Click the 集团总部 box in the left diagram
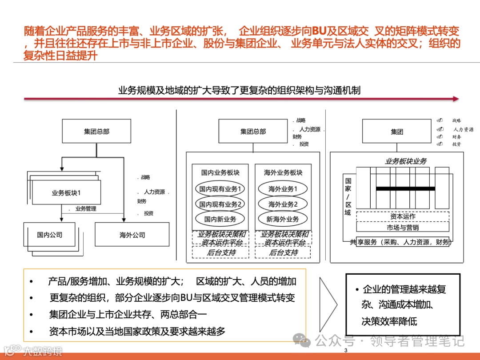pyautogui.click(x=96, y=132)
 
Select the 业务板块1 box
pyautogui.click(x=66, y=192)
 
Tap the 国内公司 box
pyautogui.click(x=49, y=235)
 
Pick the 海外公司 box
pyautogui.click(x=132, y=235)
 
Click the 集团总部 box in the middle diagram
pyautogui.click(x=253, y=132)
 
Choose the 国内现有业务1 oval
pyautogui.click(x=220, y=189)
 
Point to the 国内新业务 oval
pyautogui.click(x=220, y=219)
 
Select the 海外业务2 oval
pyautogui.click(x=283, y=204)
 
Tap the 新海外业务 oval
pyautogui.click(x=283, y=219)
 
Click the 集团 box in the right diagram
pyautogui.click(x=397, y=132)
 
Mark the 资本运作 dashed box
pyautogui.click(x=403, y=216)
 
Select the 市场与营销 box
pyautogui.click(x=403, y=227)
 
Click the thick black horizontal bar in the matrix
pyautogui.click(x=405, y=188)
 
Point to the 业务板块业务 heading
pyautogui.click(x=405, y=161)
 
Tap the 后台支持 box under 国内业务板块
pyautogui.click(x=221, y=252)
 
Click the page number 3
pyautogui.click(x=346, y=351)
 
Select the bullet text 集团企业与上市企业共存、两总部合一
pyautogui.click(x=128, y=315)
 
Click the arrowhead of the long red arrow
pyautogui.click(x=455, y=99)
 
